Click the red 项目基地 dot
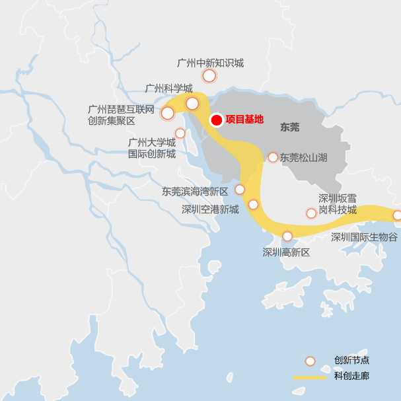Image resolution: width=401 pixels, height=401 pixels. click(x=215, y=120)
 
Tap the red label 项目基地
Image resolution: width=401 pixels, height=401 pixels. click(x=244, y=120)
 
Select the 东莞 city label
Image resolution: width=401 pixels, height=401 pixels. click(x=289, y=127)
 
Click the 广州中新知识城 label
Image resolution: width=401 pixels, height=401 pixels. click(x=210, y=63)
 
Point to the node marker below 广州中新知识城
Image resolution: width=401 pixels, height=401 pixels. click(x=209, y=76)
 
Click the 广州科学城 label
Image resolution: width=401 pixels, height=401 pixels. click(x=168, y=88)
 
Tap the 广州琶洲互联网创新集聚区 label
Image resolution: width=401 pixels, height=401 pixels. click(x=121, y=115)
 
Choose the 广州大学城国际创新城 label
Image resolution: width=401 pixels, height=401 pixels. click(x=151, y=148)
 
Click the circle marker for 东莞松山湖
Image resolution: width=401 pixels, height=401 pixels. click(x=273, y=157)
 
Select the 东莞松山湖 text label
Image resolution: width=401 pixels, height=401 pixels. click(x=303, y=157)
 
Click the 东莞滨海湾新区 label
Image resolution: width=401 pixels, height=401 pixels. click(x=195, y=192)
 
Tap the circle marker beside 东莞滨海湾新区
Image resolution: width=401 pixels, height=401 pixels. click(x=240, y=190)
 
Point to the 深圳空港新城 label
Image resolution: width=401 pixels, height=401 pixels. click(x=210, y=209)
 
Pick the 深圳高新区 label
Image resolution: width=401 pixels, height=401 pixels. click(x=286, y=252)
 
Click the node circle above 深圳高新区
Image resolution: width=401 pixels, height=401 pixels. click(x=287, y=236)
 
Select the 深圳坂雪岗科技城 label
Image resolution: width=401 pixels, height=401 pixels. click(x=338, y=204)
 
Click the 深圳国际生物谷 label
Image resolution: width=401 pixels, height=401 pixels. click(x=364, y=237)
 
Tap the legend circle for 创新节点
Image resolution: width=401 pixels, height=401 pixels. click(x=310, y=361)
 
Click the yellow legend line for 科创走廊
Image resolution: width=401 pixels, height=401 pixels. click(x=309, y=377)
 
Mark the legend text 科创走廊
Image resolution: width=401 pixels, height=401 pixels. click(x=351, y=377)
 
